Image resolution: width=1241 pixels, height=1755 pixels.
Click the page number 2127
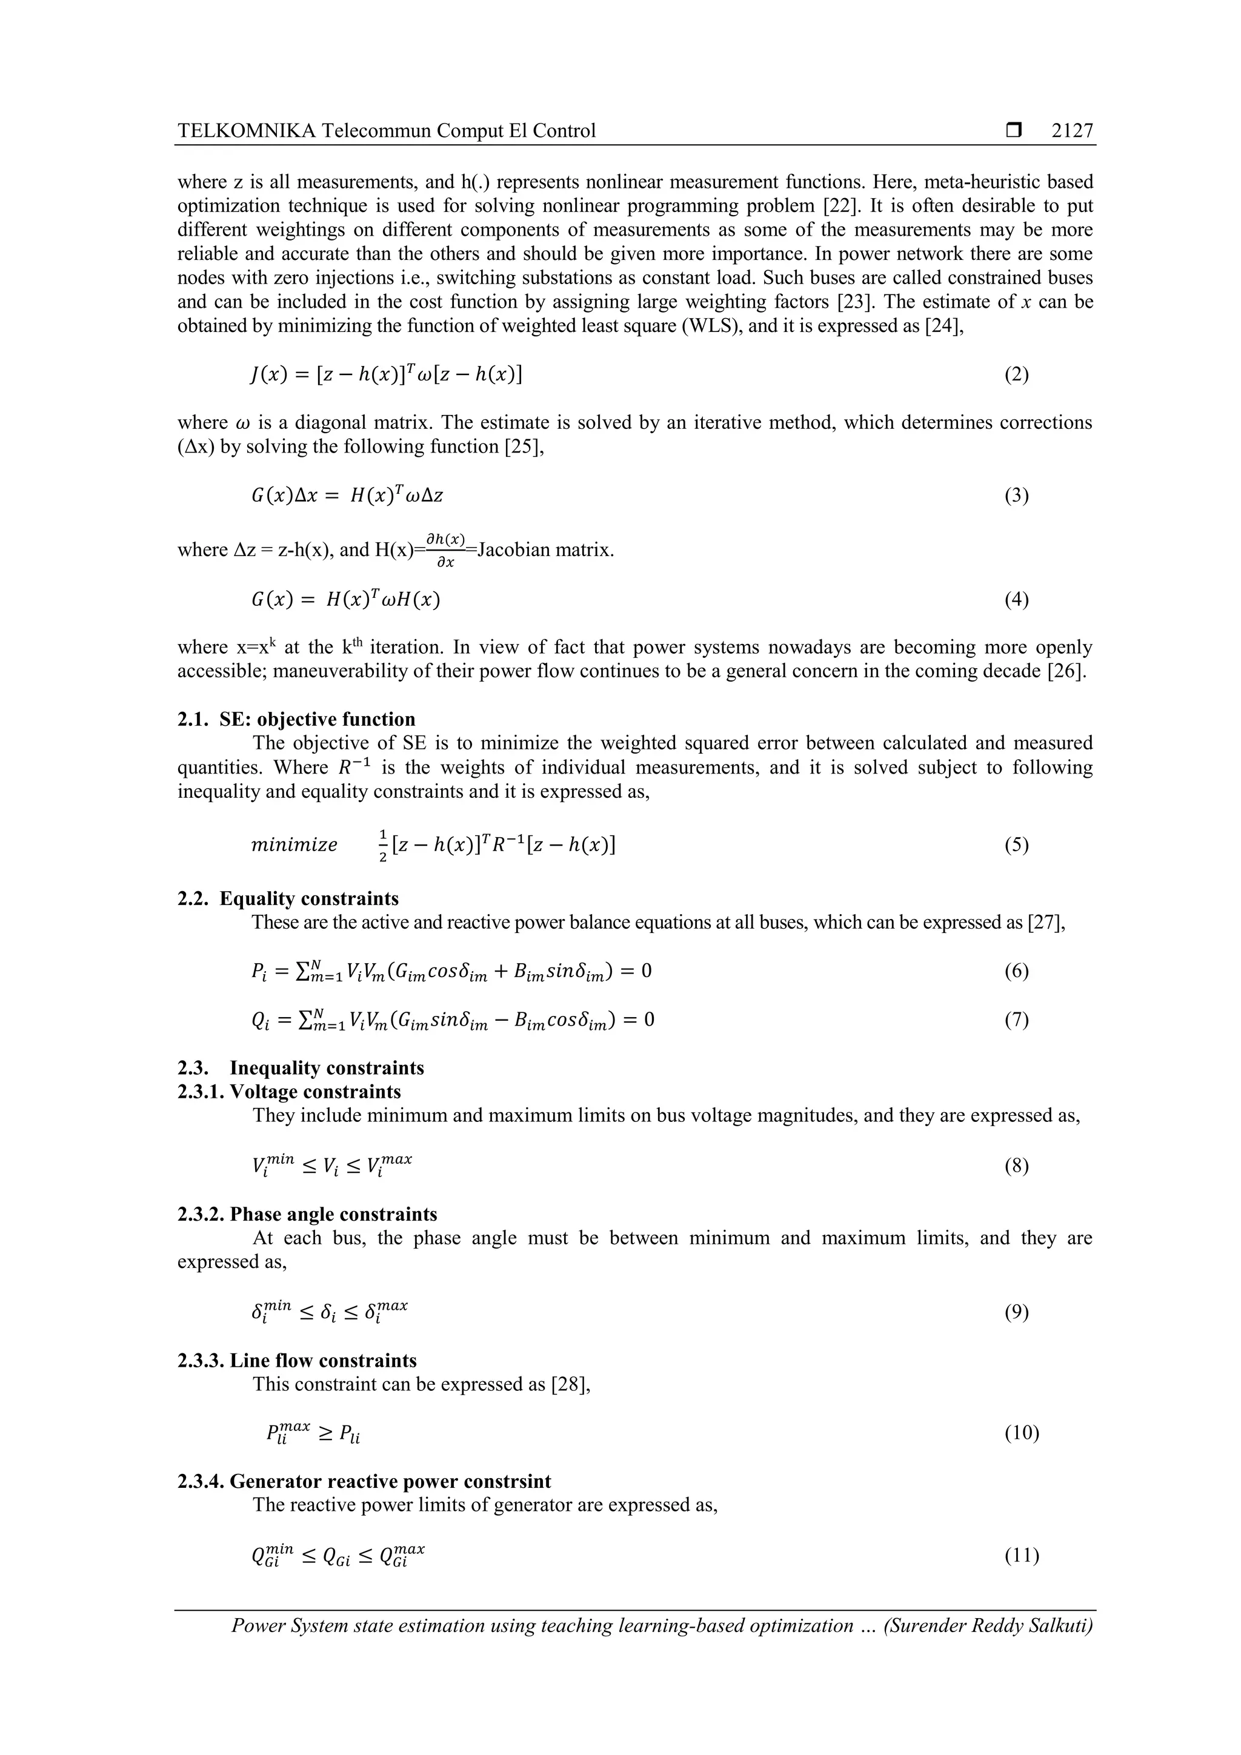point(1072,131)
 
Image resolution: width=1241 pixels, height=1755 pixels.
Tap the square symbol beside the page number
point(1014,131)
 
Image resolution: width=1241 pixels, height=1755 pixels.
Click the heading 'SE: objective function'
point(318,719)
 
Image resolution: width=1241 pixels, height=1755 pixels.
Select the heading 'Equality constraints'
point(309,898)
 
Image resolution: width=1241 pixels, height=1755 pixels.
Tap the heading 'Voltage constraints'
point(315,1092)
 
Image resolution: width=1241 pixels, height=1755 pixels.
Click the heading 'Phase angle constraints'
point(333,1215)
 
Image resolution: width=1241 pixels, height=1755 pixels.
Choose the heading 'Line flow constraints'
point(324,1361)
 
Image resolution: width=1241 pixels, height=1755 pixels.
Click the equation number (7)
point(1016,1020)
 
